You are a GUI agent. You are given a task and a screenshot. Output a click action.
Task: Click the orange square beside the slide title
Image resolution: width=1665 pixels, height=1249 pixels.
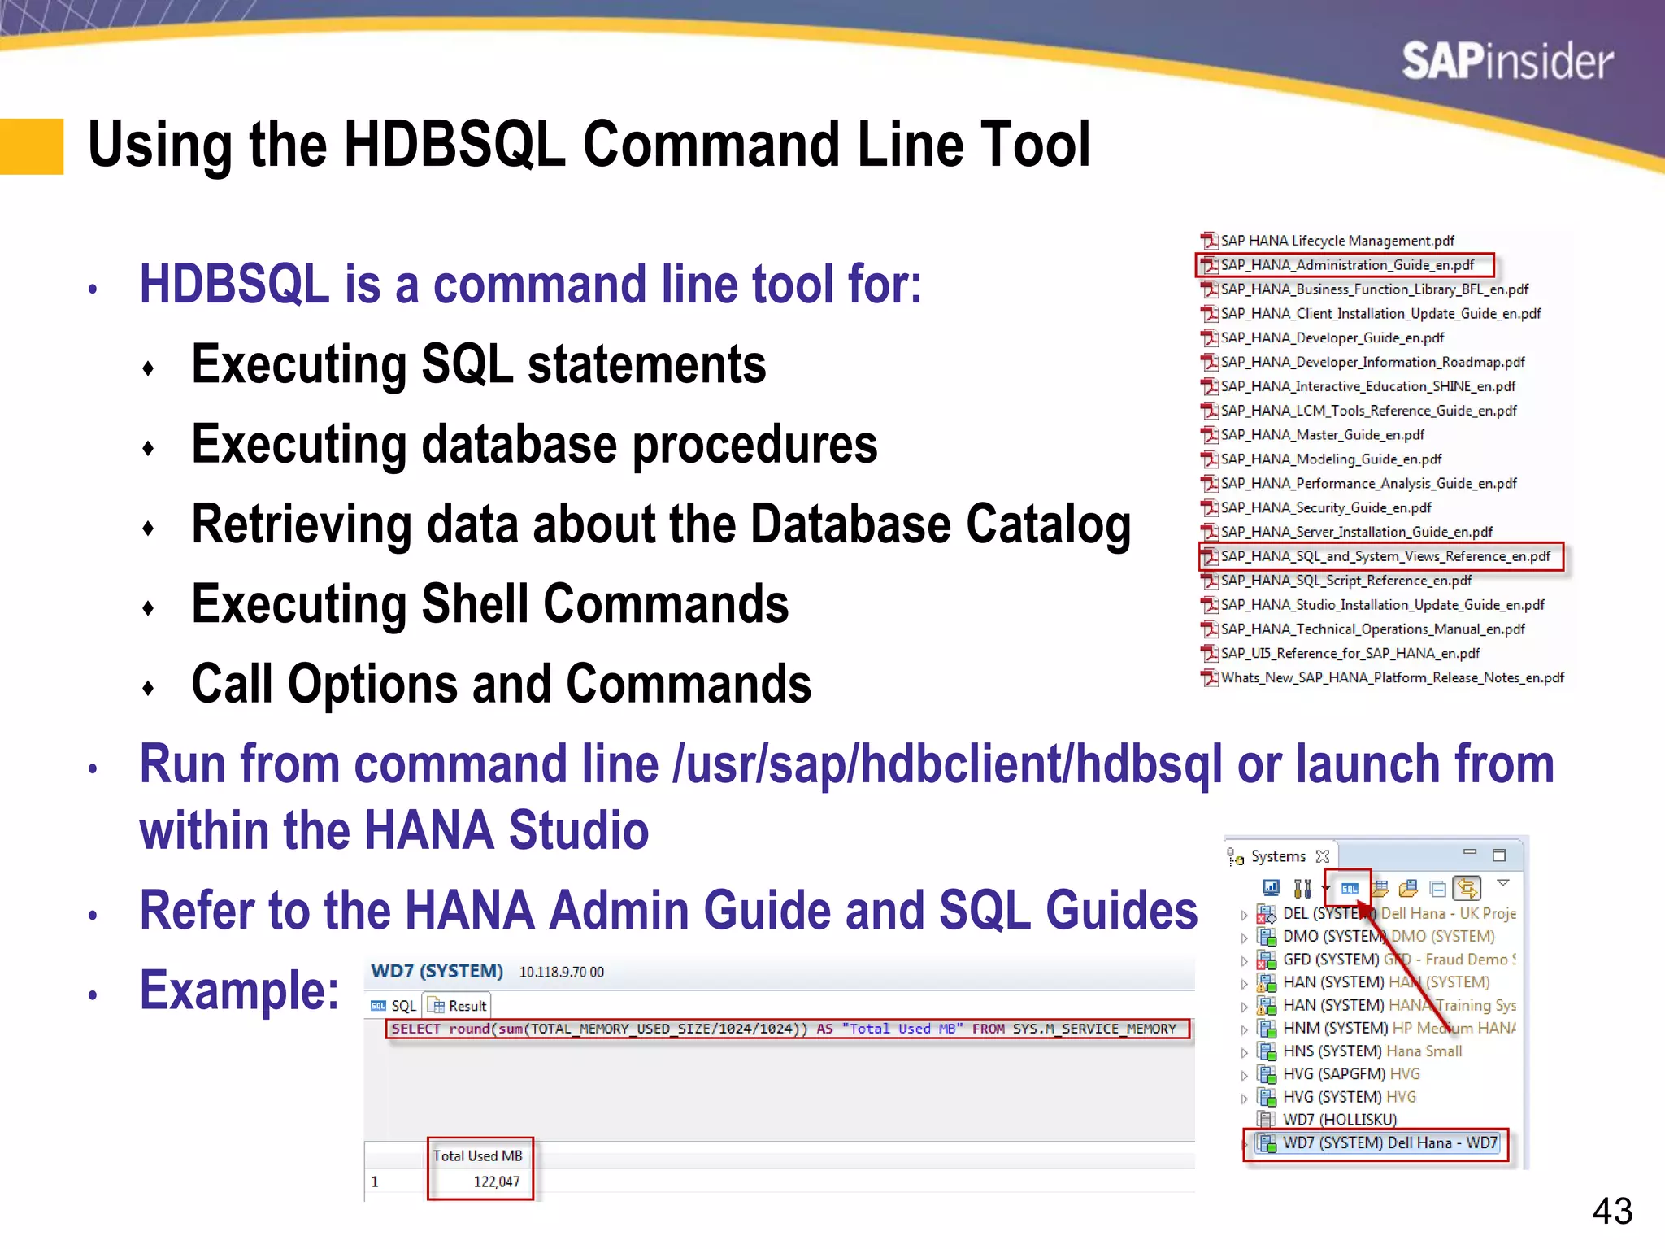tap(32, 146)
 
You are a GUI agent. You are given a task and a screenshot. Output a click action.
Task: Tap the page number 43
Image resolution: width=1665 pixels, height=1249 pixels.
tap(1611, 1211)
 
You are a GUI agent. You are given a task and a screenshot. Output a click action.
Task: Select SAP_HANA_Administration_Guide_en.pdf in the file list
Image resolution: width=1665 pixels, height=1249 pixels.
tap(1346, 265)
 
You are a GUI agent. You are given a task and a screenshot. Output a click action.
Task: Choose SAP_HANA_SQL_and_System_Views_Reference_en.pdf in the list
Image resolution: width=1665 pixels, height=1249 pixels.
tap(1385, 556)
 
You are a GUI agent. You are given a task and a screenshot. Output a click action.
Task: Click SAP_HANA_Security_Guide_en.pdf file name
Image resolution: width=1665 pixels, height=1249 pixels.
tap(1325, 507)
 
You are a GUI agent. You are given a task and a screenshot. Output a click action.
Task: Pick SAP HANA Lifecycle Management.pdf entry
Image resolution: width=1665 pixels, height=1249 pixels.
tap(1337, 241)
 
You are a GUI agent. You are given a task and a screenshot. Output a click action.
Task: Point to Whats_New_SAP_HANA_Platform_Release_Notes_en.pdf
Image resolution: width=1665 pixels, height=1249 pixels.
tap(1391, 677)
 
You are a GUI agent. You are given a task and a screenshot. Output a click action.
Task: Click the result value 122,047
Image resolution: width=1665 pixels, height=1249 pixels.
tap(496, 1182)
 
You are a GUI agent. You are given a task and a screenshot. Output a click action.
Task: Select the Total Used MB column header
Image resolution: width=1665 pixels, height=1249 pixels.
tap(478, 1155)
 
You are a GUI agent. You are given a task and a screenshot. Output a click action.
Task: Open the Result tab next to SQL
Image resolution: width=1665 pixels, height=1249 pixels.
tap(459, 1006)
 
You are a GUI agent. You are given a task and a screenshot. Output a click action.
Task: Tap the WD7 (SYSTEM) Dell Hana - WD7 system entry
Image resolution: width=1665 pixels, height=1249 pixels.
tap(1389, 1142)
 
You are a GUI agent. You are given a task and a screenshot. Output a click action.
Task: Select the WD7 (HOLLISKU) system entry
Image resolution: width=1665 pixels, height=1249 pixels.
tap(1339, 1120)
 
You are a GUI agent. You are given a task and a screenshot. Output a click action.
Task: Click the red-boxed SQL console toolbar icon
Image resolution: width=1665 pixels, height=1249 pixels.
tap(1350, 888)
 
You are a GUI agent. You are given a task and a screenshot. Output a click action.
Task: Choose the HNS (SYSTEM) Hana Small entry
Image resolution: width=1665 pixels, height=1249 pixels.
tap(1372, 1051)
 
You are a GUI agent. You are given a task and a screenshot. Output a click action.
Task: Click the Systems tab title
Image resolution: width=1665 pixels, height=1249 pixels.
tap(1277, 856)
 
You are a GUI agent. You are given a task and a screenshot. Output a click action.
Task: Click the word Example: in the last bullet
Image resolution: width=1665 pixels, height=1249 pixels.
tap(239, 990)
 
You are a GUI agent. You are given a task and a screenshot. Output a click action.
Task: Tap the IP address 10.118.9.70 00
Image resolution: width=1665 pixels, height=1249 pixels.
tap(561, 973)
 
